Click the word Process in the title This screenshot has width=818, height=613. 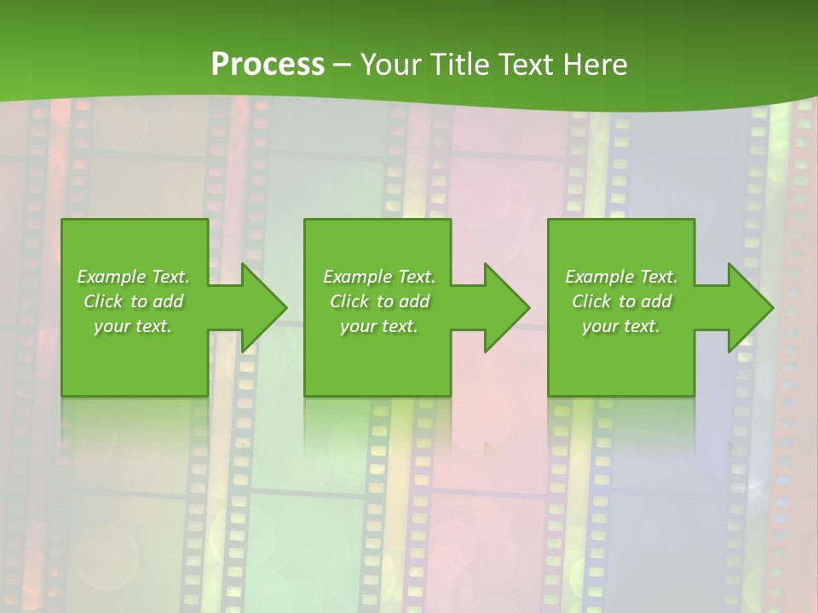[268, 65]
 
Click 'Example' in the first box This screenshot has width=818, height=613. [112, 277]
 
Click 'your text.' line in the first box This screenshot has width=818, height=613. [133, 326]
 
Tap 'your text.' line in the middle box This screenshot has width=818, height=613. [379, 326]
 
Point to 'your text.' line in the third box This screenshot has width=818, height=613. [621, 326]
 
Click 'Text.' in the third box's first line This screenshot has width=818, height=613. [658, 277]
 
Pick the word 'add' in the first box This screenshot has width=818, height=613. [168, 301]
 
